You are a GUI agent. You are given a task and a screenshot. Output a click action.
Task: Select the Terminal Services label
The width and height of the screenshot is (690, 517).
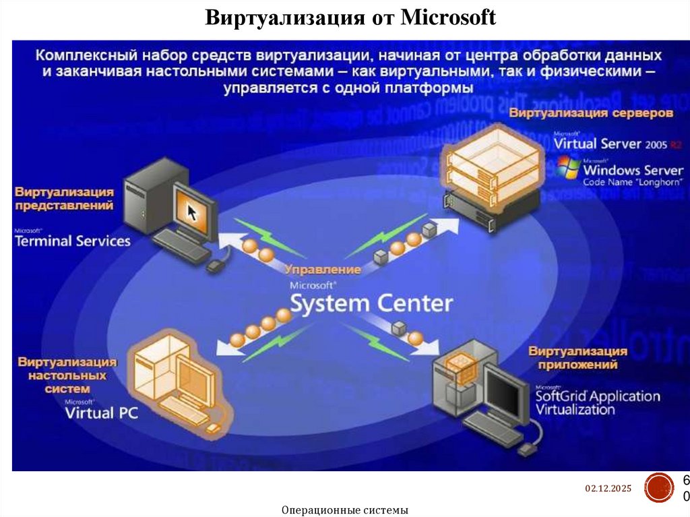coord(73,240)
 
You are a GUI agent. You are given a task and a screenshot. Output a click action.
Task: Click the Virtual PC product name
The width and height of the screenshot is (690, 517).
coord(101,412)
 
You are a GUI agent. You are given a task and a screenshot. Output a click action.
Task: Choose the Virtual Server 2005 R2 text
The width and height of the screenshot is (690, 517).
coord(616,144)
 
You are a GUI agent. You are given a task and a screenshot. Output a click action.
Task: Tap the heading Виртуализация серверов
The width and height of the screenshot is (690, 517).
coord(590,113)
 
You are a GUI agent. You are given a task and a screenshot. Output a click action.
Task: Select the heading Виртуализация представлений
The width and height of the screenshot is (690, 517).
coord(65,199)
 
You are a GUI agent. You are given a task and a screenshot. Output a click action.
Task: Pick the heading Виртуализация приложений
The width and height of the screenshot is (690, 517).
coord(577,358)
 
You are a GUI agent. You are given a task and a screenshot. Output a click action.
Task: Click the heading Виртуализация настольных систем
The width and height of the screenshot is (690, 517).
coord(67,375)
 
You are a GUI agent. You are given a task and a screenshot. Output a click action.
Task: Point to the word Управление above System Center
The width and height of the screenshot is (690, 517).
coord(323,270)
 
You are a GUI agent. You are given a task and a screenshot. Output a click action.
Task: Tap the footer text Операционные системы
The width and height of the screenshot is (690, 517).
coord(346,510)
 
